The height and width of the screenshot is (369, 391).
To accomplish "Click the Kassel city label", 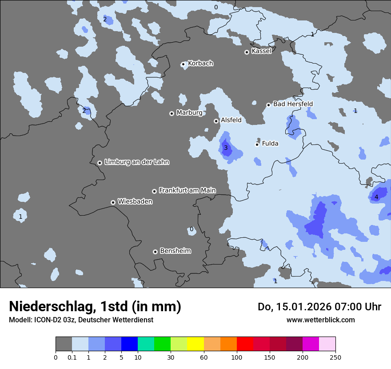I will coord(261,51).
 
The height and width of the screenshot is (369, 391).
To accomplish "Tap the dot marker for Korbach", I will coord(183,64).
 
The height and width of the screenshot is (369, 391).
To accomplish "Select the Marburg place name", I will coord(189,113).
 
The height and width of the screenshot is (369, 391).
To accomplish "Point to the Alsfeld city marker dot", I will coord(216,121).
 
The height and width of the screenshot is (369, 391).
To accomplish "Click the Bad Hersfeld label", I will coord(293,104).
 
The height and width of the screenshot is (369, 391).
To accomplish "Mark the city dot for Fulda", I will coord(257,144).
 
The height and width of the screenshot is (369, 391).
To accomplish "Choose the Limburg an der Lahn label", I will coord(136,162).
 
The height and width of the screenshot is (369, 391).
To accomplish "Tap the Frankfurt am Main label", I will coord(187,190).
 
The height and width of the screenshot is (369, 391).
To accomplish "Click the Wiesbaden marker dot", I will coord(113,202).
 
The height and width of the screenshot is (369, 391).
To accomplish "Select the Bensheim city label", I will coord(175,251).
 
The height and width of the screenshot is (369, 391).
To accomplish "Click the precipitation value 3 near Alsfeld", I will coord(226,148).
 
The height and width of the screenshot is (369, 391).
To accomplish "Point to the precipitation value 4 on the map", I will coord(376,197).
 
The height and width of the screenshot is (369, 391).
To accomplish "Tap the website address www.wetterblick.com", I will coord(320,320).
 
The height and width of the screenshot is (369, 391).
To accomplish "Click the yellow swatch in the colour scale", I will coord(195,344).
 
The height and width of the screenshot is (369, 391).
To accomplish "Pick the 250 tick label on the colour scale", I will coord(335,357).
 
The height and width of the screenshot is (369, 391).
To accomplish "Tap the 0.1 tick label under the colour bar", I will coord(72,357).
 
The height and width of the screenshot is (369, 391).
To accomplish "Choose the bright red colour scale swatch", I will coord(245,344).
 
